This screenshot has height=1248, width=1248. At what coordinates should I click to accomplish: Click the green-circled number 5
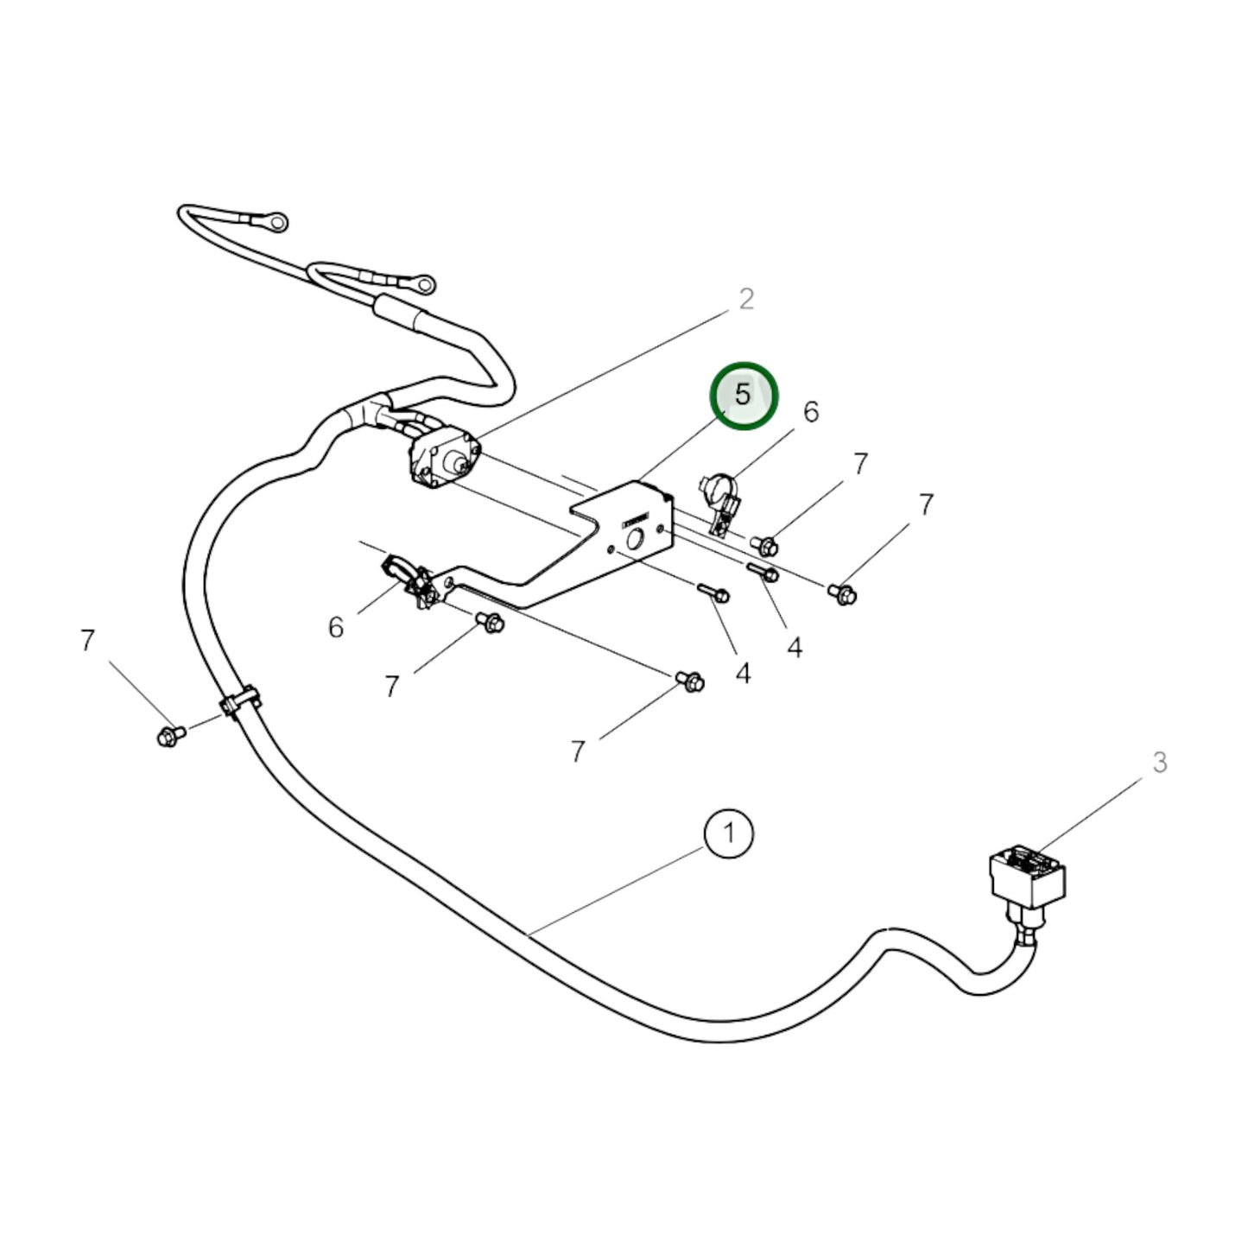(744, 396)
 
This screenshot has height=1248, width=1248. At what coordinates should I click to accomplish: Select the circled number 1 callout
(729, 833)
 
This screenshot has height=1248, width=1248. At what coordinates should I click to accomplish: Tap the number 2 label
(746, 299)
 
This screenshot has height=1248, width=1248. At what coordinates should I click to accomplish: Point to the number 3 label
(1159, 763)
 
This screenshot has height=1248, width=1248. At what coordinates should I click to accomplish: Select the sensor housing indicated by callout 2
(441, 459)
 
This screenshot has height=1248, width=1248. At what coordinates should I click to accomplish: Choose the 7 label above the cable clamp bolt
(86, 641)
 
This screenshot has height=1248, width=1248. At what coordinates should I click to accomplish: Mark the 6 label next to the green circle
(810, 412)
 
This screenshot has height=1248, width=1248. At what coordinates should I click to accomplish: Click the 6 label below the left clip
(336, 627)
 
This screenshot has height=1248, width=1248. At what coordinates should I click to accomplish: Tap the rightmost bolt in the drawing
(843, 593)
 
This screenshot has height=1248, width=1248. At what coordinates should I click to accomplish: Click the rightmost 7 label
(926, 504)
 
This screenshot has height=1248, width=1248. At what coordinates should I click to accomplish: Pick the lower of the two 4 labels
(743, 673)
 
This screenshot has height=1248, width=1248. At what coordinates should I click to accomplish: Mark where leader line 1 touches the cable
(529, 934)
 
